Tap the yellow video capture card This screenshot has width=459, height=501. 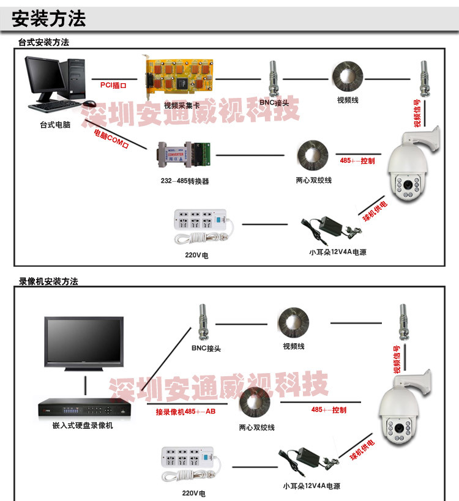(177, 78)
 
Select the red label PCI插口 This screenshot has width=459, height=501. (113, 85)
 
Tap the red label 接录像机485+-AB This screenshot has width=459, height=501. (185, 412)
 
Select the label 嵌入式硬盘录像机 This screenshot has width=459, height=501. (83, 425)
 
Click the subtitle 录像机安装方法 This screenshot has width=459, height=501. (48, 281)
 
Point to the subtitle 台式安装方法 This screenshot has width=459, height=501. (43, 42)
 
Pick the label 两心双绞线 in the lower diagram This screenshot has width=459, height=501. (256, 428)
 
